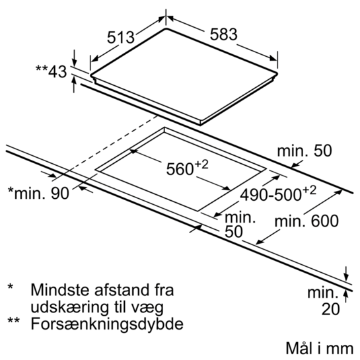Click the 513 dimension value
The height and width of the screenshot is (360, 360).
pyautogui.click(x=121, y=38)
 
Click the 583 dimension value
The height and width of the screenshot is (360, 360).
pyautogui.click(x=224, y=34)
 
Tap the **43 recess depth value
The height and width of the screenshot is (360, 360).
pyautogui.click(x=51, y=71)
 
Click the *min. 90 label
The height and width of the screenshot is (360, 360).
pyautogui.click(x=38, y=193)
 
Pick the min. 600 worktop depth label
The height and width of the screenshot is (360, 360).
pyautogui.click(x=306, y=221)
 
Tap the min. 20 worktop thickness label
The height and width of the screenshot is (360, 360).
pyautogui.click(x=324, y=301)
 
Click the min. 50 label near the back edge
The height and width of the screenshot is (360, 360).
pyautogui.click(x=305, y=151)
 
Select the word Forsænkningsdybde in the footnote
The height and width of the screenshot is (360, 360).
pyautogui.click(x=107, y=324)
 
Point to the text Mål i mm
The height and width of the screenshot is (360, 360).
pyautogui.click(x=319, y=348)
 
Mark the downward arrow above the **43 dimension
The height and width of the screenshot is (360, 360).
pyautogui.click(x=74, y=57)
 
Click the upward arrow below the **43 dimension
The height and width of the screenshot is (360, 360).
pyautogui.click(x=74, y=85)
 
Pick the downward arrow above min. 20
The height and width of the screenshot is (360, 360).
pyautogui.click(x=346, y=273)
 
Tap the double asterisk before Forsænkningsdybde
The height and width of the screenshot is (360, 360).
pyautogui.click(x=14, y=320)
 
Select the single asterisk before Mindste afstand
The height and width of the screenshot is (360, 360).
pyautogui.click(x=11, y=287)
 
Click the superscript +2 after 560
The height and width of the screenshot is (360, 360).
pyautogui.click(x=201, y=164)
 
